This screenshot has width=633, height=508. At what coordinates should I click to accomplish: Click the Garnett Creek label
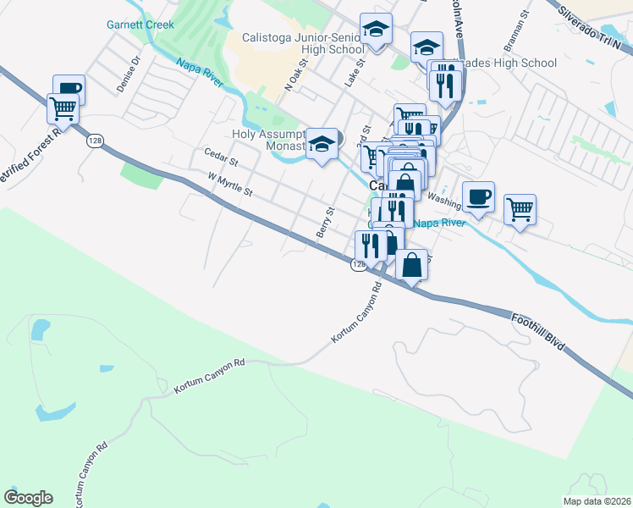pos(140,25)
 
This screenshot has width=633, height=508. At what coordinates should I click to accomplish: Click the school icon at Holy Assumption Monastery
pos(322,144)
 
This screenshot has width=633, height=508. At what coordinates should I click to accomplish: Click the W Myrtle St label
pos(230,185)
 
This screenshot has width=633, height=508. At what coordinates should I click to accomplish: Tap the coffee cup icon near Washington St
pos(478,196)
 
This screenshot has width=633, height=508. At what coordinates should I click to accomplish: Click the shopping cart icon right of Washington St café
pos(520,208)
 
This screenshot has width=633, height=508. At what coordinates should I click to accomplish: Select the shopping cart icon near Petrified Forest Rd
pos(63,108)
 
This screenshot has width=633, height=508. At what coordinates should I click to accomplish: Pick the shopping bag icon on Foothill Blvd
pos(411,265)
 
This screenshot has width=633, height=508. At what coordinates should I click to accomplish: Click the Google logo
pos(28,498)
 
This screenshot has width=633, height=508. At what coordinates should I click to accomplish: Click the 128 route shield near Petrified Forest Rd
pos(93,141)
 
